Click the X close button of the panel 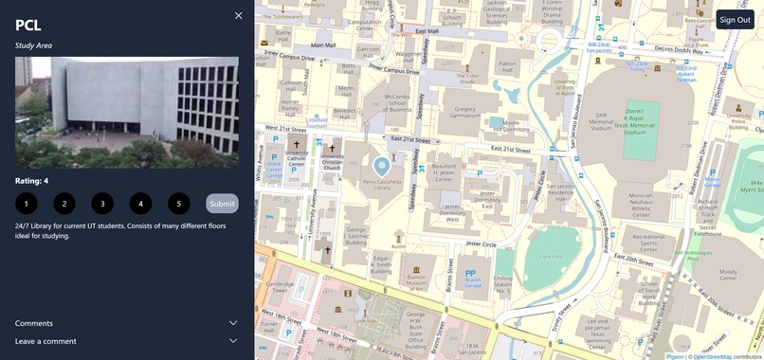[x=239, y=15]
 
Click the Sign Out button [x=735, y=20]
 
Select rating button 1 [x=27, y=204]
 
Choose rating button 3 [x=102, y=204]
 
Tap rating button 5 [x=178, y=204]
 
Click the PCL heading [x=28, y=25]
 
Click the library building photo [x=126, y=113]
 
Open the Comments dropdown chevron [x=233, y=323]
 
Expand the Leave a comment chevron [x=233, y=341]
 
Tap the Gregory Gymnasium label [x=458, y=113]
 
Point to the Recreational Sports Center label [x=648, y=241]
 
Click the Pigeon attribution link [x=675, y=356]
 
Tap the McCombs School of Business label [x=397, y=103]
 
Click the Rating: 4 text [x=32, y=181]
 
